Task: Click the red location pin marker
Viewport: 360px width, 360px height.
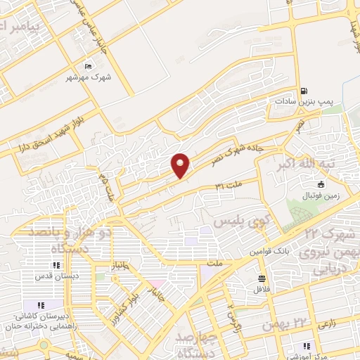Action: click(x=181, y=165)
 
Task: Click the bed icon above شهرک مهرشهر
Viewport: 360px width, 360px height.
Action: click(x=87, y=66)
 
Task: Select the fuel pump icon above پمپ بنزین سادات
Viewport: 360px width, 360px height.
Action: click(x=304, y=91)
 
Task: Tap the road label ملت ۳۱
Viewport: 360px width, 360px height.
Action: click(x=229, y=185)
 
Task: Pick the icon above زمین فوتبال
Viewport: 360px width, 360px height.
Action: click(x=320, y=185)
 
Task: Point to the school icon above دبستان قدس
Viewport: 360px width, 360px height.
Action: click(x=56, y=265)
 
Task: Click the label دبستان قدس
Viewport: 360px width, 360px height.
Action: click(x=56, y=276)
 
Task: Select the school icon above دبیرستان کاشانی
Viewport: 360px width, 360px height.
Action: click(x=41, y=304)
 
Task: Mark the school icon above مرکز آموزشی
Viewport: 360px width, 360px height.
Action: click(x=306, y=345)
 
